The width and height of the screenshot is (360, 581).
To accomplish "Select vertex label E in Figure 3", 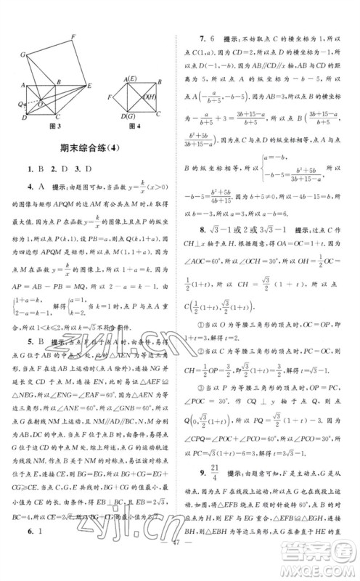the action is pyautogui.click(x=91, y=84).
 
